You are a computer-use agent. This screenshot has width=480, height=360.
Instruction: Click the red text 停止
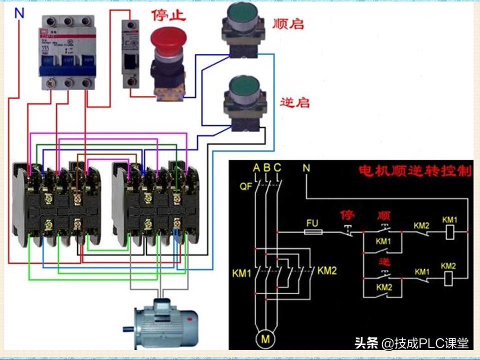coord(168,15)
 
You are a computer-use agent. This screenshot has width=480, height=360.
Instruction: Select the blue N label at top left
coord(19,13)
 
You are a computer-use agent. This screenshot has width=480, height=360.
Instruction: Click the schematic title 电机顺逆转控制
coord(415,170)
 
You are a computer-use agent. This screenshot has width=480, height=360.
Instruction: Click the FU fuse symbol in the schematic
coord(313,232)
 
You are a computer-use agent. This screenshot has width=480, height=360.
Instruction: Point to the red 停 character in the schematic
coord(347,215)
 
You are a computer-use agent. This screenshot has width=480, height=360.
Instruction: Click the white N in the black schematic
coord(306,168)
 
